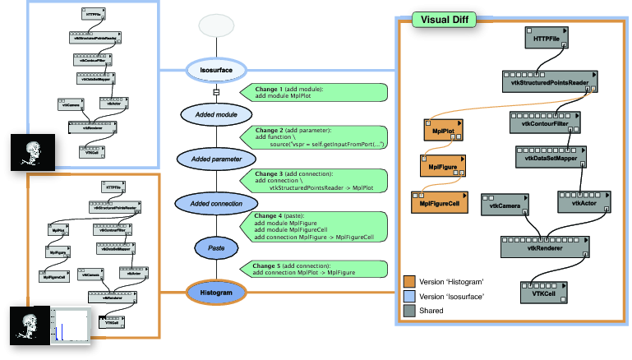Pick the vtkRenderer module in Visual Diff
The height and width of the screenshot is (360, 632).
click(x=545, y=246)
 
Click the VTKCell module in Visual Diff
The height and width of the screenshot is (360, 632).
click(x=544, y=292)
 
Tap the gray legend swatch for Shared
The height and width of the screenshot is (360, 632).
click(x=408, y=311)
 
